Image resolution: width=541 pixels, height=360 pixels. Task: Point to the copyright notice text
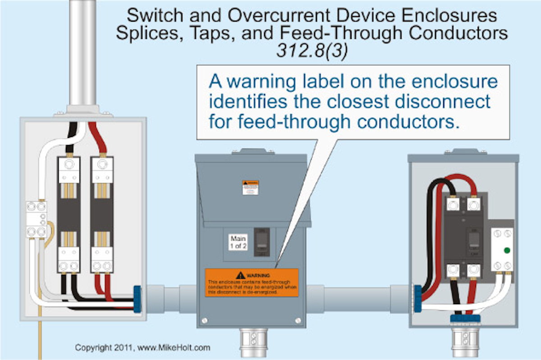(x=142, y=348)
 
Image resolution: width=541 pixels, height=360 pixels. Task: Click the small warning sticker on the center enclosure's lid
(x=250, y=187)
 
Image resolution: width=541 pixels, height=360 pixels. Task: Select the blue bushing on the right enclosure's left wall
(x=417, y=297)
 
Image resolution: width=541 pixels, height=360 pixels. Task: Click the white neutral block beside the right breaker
(x=502, y=250)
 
